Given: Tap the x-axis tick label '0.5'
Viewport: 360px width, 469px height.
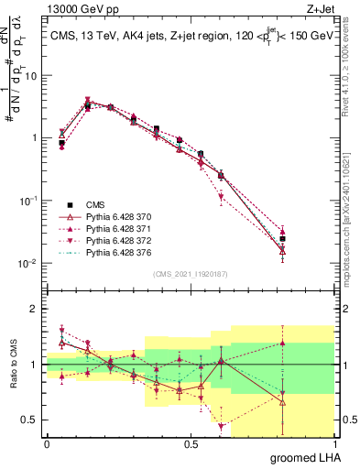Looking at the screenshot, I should [191, 444].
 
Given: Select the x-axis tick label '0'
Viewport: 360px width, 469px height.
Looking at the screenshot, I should [47, 444].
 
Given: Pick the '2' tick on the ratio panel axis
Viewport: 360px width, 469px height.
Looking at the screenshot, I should [35, 309].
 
